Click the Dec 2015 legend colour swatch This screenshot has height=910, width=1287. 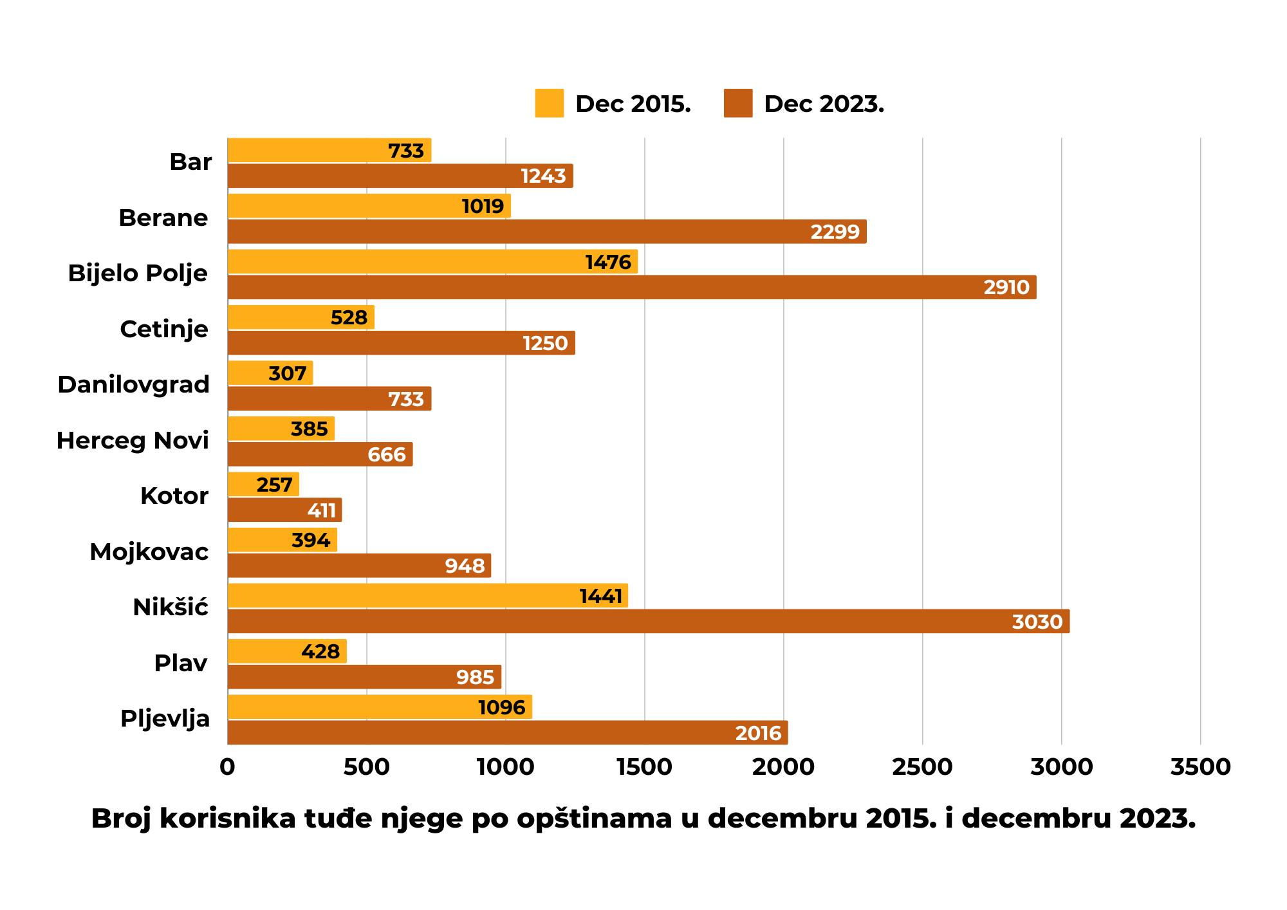549,103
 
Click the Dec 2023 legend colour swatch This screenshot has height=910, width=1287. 737,103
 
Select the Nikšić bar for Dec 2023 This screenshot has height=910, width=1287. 648,621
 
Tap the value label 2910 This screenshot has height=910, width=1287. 1006,287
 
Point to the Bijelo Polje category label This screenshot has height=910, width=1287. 138,273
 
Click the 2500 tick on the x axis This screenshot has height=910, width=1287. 922,767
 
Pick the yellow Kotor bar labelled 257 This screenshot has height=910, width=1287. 263,484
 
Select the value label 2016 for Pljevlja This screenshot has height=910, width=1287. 757,733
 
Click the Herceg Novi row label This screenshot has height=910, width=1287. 133,440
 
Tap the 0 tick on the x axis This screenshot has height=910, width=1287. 227,767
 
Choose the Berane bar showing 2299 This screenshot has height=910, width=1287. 547,232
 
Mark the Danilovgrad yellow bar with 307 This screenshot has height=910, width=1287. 270,373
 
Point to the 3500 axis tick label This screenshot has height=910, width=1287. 1200,767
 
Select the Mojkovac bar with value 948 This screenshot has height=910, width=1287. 359,566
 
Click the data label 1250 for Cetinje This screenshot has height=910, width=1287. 544,343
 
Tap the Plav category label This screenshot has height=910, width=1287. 180,663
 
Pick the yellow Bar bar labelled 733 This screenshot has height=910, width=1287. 329,150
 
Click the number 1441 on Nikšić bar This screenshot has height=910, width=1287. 600,596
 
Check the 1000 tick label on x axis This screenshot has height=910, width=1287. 505,767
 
